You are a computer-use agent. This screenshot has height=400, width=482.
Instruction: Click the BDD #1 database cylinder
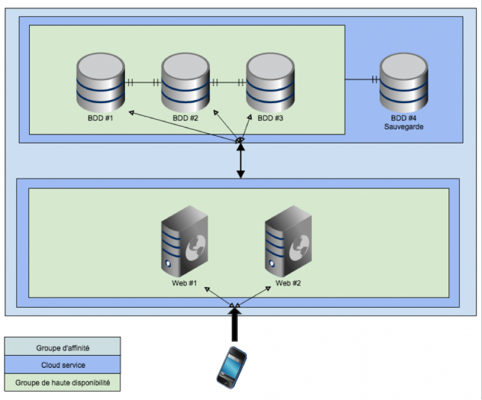click(x=100, y=82)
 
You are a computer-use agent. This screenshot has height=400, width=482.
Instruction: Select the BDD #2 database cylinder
click(x=185, y=82)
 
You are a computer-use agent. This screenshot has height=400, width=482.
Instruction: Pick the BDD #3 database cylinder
click(x=270, y=82)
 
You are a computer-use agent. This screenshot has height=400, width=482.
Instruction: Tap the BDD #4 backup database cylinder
click(x=403, y=82)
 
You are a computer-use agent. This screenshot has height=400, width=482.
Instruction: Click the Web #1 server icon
click(x=185, y=244)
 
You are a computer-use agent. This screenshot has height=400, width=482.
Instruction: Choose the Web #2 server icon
click(x=288, y=244)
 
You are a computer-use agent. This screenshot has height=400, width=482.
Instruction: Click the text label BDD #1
click(x=100, y=118)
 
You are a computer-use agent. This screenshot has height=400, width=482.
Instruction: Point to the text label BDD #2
click(x=185, y=118)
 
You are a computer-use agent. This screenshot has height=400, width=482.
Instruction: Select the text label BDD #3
click(x=270, y=118)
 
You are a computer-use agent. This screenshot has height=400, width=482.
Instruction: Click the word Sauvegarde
click(x=403, y=127)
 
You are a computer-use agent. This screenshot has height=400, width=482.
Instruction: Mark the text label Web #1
click(x=185, y=283)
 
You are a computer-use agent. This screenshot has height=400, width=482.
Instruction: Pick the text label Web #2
click(x=288, y=283)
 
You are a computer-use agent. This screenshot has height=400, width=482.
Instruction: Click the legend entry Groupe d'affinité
click(x=63, y=348)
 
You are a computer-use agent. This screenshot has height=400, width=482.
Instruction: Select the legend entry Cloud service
click(x=63, y=364)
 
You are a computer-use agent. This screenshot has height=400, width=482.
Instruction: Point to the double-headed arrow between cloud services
click(x=241, y=161)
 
